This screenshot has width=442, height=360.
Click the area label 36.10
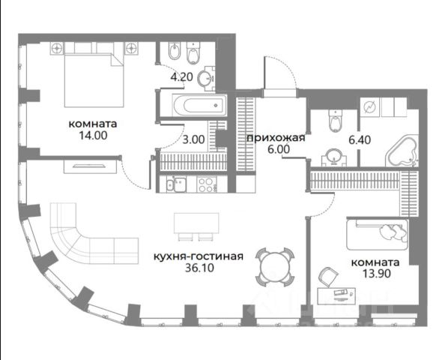click(x=199, y=268)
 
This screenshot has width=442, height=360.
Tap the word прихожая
click(x=276, y=138)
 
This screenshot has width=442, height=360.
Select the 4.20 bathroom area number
click(x=182, y=76)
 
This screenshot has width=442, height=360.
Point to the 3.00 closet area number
click(x=193, y=139)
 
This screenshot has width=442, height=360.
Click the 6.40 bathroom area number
click(x=360, y=140)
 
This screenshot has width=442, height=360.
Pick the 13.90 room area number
click(x=376, y=274)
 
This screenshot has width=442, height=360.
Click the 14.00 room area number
click(x=93, y=136)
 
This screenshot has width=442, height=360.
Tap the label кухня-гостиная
click(x=199, y=256)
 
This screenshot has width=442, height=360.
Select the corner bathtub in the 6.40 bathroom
click(x=402, y=151)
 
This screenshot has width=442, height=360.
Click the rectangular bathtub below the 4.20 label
click(x=199, y=105)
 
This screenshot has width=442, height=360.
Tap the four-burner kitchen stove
click(x=207, y=184)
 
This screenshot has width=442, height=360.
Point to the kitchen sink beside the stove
click(x=176, y=184)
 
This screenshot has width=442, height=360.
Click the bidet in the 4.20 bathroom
click(x=175, y=51)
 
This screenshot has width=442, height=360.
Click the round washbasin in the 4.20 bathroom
click(x=205, y=77)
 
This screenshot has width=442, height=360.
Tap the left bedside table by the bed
click(x=58, y=48)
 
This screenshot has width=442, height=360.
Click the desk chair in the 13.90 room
click(x=328, y=277)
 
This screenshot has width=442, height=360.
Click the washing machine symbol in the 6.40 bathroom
click(x=369, y=107)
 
